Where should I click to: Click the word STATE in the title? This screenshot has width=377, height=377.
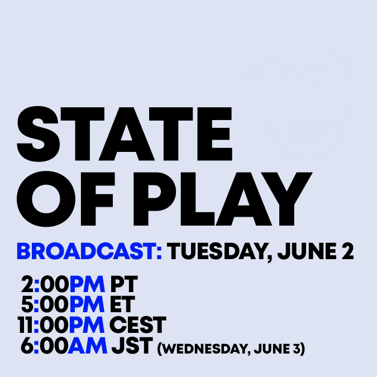point(125,134)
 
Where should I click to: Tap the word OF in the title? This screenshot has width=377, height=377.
point(65,199)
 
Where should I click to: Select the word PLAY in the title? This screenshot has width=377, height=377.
point(223,199)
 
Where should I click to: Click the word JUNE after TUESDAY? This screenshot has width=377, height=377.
point(307,251)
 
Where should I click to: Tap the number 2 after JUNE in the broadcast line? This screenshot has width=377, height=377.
point(348,251)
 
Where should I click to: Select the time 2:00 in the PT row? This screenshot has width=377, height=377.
point(45,284)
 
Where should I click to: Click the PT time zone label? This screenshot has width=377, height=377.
point(124,284)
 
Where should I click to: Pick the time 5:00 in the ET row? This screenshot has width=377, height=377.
point(45,304)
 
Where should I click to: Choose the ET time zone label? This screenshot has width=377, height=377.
point(122,304)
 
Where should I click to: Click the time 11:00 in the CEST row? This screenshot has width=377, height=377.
point(43,325)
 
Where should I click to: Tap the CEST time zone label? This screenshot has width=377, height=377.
point(138,325)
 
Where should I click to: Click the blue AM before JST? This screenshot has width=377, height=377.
point(87,346)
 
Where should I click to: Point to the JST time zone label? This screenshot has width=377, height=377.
point(132,346)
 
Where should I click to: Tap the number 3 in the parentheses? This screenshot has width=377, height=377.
point(297,349)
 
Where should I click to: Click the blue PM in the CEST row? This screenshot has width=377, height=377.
point(87,325)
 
